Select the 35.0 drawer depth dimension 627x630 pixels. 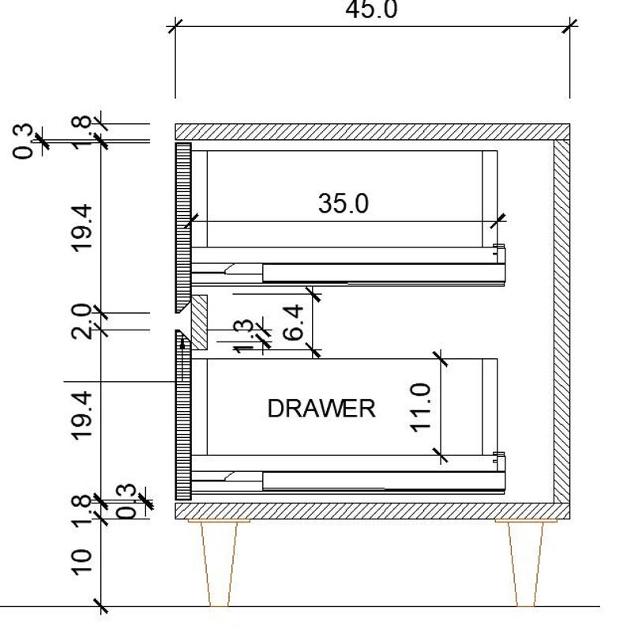click(x=344, y=204)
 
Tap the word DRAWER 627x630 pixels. click(x=321, y=409)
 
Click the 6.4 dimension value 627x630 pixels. click(x=292, y=323)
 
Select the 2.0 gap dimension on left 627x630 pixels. click(x=82, y=321)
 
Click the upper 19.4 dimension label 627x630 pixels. click(x=82, y=228)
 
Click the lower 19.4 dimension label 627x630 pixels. click(x=82, y=414)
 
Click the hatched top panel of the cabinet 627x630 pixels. click(x=371, y=131)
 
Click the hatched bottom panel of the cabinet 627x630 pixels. click(x=371, y=511)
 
